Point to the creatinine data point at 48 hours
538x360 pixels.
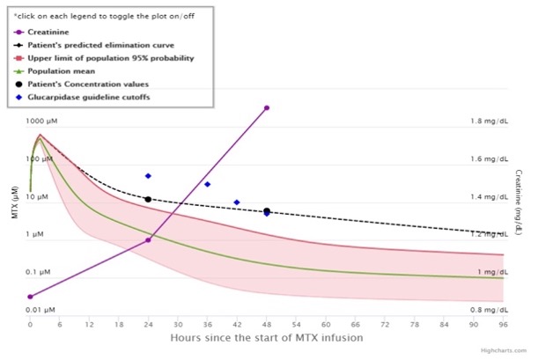(x=267, y=108)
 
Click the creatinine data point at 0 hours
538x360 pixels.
(x=31, y=297)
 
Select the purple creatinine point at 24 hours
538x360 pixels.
(x=148, y=240)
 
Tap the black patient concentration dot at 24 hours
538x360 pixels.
(x=148, y=200)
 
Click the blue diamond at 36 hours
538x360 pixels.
(x=207, y=184)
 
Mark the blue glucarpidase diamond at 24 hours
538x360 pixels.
(x=148, y=176)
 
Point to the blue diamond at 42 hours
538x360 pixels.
(x=237, y=202)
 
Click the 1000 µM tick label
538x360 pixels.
(x=40, y=121)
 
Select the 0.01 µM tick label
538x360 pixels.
(x=41, y=310)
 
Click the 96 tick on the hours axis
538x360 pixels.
(x=503, y=325)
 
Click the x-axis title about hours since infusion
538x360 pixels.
(x=268, y=338)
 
